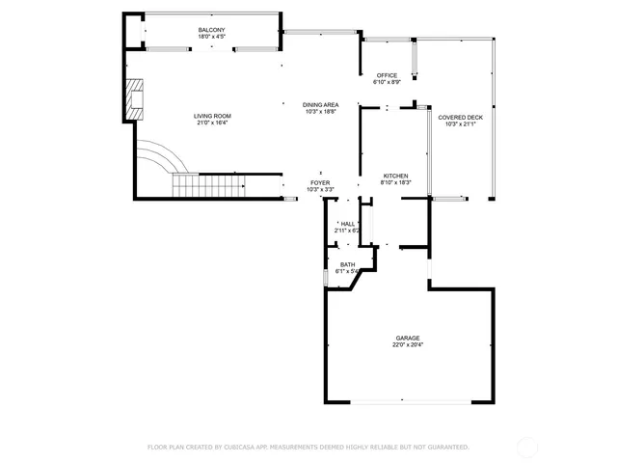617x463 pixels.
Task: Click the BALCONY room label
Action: pyautogui.click(x=212, y=30)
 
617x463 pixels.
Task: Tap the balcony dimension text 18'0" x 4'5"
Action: pyautogui.click(x=212, y=37)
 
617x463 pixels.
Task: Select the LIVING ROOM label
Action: pyautogui.click(x=212, y=116)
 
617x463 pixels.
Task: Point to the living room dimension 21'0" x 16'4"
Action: pyautogui.click(x=212, y=123)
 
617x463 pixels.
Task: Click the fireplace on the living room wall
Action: pyautogui.click(x=134, y=98)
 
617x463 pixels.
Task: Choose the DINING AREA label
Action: pyautogui.click(x=320, y=104)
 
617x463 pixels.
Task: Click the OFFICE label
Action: pyautogui.click(x=387, y=75)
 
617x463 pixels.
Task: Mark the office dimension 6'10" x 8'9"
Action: pyautogui.click(x=387, y=82)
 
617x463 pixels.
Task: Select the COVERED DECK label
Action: pyautogui.click(x=461, y=117)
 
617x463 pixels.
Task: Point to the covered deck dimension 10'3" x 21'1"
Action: pyautogui.click(x=461, y=123)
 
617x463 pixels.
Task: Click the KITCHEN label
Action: pyautogui.click(x=396, y=176)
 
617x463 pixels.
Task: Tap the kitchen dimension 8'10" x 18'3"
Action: pyautogui.click(x=396, y=182)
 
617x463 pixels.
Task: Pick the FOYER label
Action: pyautogui.click(x=320, y=182)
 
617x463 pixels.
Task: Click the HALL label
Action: pyautogui.click(x=347, y=224)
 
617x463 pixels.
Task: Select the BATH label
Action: pyautogui.click(x=347, y=264)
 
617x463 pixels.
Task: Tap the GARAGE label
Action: pyautogui.click(x=406, y=338)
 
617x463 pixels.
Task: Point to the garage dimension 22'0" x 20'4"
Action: pyautogui.click(x=406, y=344)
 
